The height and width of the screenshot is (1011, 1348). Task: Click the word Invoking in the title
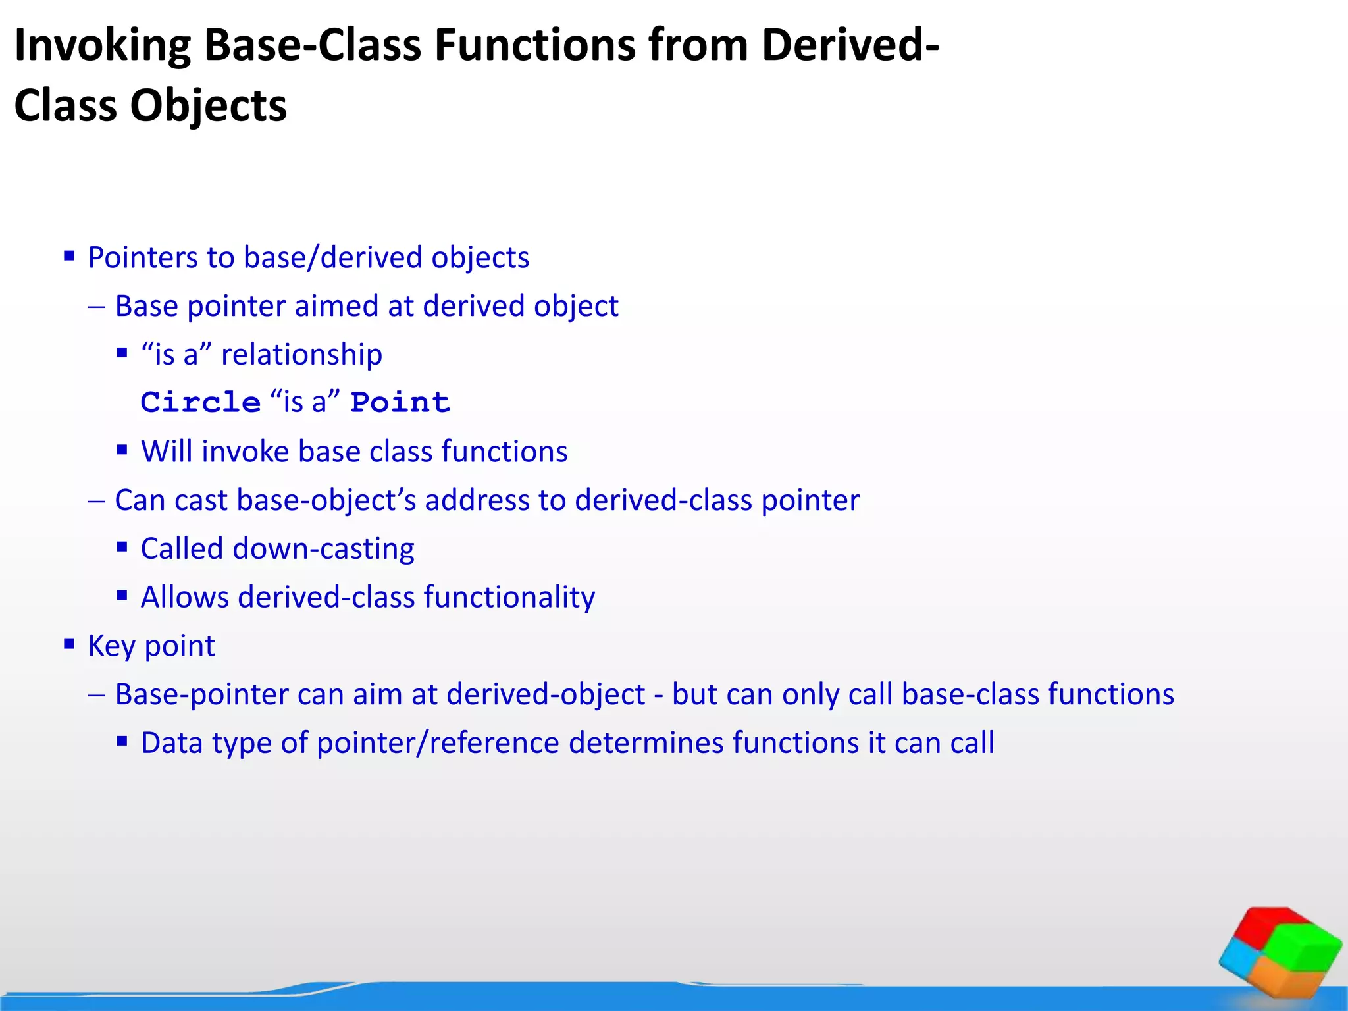point(102,46)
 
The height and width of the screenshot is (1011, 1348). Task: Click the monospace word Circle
point(201,402)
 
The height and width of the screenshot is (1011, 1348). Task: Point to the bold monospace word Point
point(400,402)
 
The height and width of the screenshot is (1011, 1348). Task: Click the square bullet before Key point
point(69,644)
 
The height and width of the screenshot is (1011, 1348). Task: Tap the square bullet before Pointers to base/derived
point(69,255)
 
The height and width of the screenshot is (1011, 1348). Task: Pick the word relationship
point(301,355)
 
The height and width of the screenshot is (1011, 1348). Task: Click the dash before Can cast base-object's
point(96,501)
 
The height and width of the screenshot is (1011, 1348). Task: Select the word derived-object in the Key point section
point(546,695)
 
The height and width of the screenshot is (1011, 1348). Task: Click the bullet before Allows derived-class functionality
point(122,596)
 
